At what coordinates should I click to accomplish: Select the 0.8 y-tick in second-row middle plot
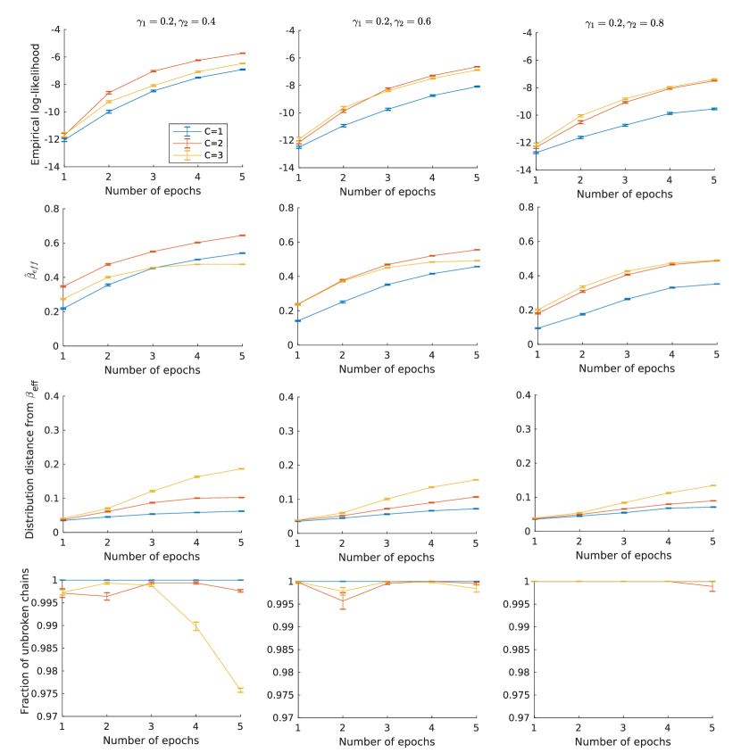tap(285, 208)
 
